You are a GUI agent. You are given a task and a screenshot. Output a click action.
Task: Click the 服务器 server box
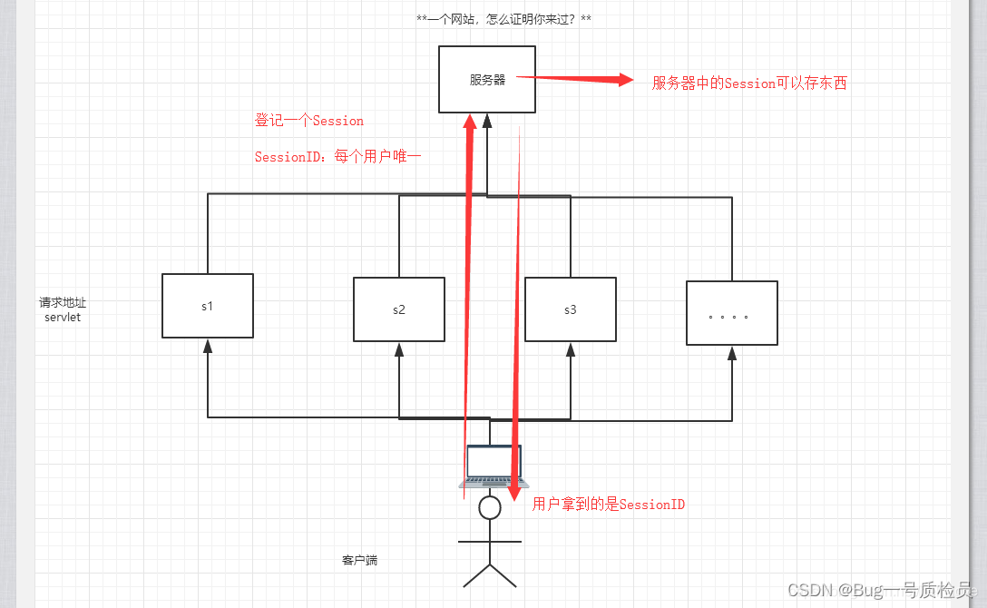click(486, 80)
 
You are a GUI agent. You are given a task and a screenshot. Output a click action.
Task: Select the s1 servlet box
click(208, 306)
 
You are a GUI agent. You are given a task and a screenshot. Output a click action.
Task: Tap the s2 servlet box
click(399, 309)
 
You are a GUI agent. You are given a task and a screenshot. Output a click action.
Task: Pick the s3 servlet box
click(571, 309)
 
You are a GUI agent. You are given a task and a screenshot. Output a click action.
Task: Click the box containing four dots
click(732, 313)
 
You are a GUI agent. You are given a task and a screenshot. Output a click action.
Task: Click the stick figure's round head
click(490, 507)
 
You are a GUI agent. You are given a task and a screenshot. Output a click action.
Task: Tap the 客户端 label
click(359, 561)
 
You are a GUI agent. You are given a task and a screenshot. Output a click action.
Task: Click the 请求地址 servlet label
click(63, 309)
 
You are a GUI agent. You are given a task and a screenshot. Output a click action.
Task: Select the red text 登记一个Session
click(309, 121)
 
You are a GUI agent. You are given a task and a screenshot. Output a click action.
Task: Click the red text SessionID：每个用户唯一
click(337, 157)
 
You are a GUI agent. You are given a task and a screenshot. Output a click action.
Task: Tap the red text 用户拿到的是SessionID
click(609, 505)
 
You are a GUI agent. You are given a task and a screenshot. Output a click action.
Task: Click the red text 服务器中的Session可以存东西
click(749, 83)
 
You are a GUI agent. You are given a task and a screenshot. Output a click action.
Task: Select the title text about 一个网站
click(504, 19)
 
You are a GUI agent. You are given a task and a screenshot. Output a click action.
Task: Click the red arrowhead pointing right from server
click(625, 80)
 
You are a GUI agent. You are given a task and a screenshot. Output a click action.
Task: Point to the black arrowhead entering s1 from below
click(208, 345)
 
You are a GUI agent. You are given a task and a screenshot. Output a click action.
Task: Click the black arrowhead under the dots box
click(732, 353)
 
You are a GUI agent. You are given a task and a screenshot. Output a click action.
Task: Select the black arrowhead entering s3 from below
click(571, 348)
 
